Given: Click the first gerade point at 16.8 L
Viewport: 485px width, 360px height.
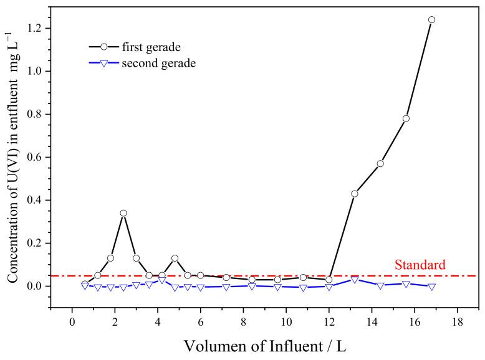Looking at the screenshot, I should [x=431, y=19].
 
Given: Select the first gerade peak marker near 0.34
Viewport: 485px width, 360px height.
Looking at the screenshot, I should [x=123, y=213].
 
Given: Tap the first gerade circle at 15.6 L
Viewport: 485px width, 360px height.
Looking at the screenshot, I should [x=406, y=118].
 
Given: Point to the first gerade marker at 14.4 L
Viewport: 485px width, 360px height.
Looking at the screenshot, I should [x=380, y=164].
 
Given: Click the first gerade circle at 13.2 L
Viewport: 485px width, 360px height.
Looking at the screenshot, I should [x=355, y=194].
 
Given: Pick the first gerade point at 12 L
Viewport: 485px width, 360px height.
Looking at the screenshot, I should [x=329, y=280].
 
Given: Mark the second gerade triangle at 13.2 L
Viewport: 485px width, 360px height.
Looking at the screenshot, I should [x=355, y=280].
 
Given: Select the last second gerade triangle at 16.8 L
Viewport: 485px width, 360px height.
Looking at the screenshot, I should [x=431, y=287].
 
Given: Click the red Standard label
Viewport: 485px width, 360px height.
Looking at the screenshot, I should [x=420, y=265].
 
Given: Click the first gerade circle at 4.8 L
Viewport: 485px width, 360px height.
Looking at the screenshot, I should [x=175, y=258].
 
